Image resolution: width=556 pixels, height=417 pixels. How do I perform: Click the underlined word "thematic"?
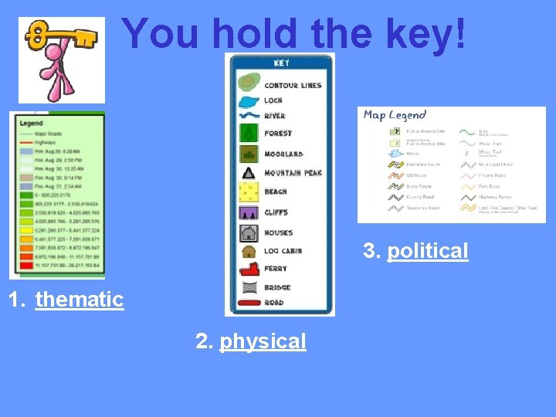80,299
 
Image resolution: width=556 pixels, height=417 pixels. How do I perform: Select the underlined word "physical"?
263,341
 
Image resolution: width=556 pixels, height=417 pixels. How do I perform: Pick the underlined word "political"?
427,251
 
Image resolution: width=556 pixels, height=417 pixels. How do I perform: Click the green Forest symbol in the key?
249,134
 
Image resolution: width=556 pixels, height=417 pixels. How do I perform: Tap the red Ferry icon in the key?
249,269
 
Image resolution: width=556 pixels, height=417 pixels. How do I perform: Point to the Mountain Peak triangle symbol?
249,172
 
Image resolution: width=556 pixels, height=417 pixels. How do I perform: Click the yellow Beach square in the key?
249,192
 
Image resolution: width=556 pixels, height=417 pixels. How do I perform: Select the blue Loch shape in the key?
249,100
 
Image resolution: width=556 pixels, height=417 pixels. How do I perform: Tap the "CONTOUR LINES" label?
293,84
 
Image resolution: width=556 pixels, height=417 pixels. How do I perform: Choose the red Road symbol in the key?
249,303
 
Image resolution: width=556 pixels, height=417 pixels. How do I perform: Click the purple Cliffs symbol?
249,212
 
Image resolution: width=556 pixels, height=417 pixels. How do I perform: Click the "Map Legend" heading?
395,115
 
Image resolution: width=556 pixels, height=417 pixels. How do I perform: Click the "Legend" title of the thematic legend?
31,122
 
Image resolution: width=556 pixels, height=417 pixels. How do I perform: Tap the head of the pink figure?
56,53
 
